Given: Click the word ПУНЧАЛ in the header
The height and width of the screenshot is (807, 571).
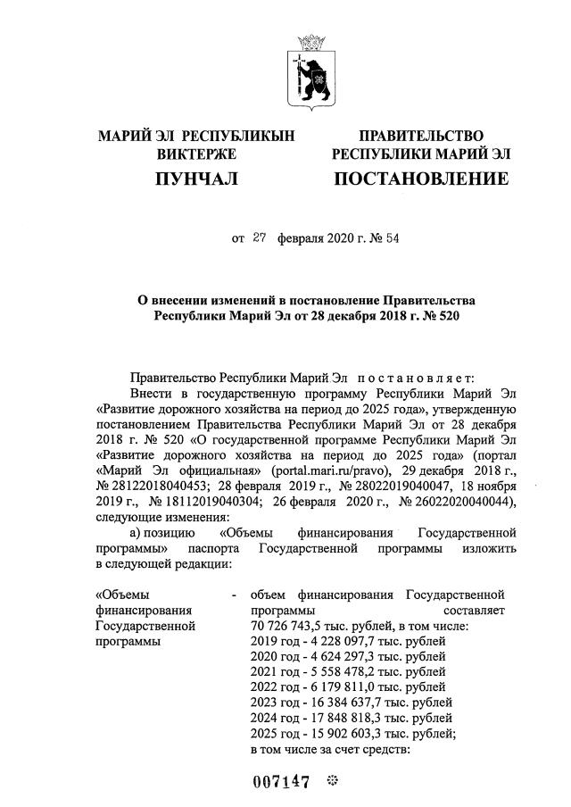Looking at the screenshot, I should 196,179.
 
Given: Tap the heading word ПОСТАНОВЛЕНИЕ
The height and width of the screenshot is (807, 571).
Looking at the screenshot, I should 420,179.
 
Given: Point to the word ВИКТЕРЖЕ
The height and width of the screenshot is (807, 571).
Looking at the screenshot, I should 196,154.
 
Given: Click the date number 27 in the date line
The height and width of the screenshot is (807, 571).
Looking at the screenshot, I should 260,238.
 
